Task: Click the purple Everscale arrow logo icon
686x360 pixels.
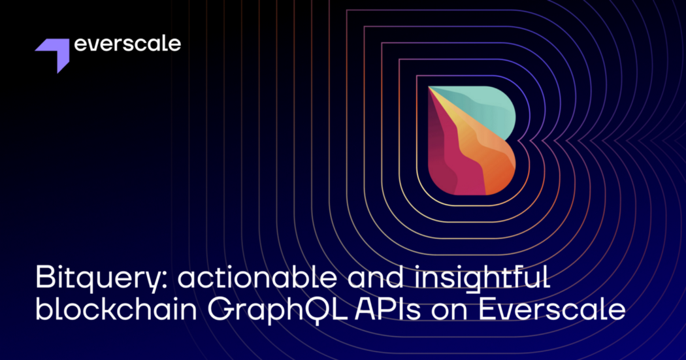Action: pos(54,54)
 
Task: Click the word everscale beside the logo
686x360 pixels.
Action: pos(127,45)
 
